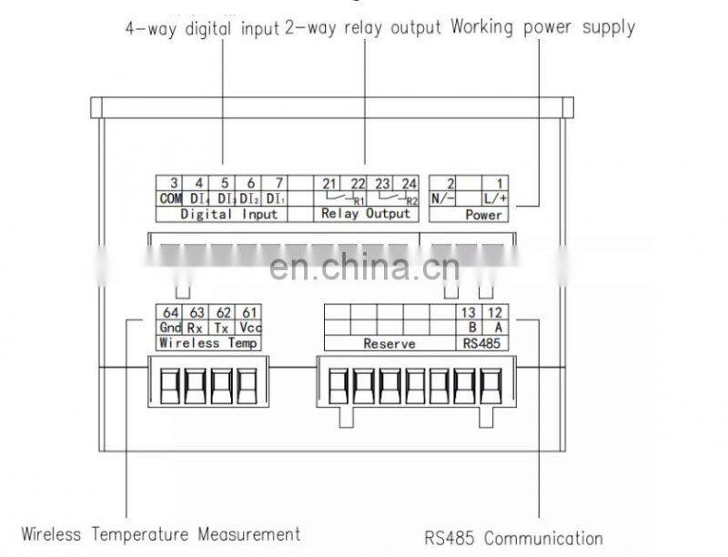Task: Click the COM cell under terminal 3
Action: click(x=170, y=198)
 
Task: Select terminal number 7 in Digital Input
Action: click(x=278, y=183)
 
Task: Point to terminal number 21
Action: click(x=329, y=183)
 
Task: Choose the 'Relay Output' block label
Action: click(x=366, y=215)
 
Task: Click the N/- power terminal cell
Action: click(x=446, y=198)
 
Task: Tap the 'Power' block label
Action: click(x=484, y=216)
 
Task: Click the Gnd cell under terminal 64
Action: click(x=170, y=328)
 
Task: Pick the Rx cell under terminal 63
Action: click(x=196, y=328)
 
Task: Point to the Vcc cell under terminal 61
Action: click(x=249, y=328)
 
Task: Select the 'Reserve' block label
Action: click(x=389, y=344)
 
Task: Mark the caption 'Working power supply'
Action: click(x=542, y=26)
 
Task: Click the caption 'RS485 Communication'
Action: click(x=514, y=538)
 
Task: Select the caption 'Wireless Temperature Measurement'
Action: click(x=161, y=534)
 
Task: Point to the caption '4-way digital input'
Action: click(x=202, y=27)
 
